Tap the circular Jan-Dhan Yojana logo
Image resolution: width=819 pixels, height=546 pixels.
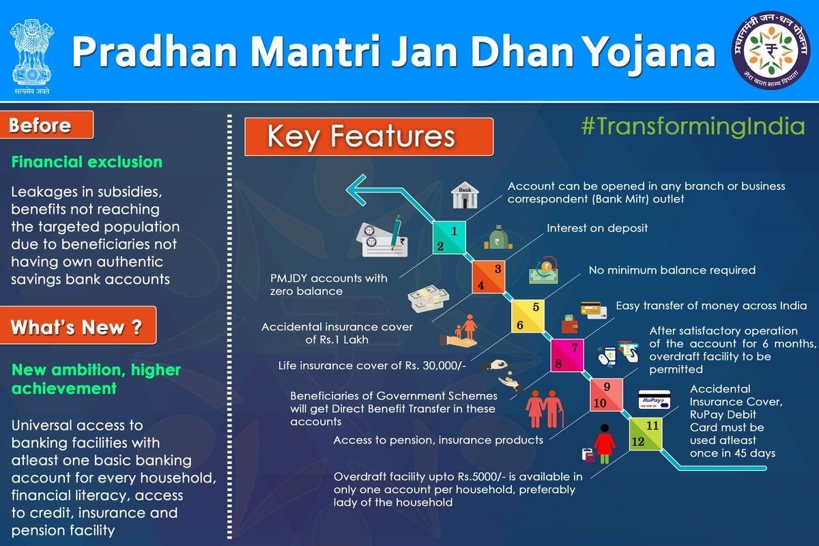click(771, 50)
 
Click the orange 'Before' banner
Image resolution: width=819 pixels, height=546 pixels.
click(46, 125)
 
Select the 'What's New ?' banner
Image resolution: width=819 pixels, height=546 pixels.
click(78, 326)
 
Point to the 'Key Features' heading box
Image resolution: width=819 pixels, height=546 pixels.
click(369, 136)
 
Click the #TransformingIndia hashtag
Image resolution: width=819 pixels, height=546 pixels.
click(693, 126)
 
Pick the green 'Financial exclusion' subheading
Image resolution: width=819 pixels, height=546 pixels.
click(87, 162)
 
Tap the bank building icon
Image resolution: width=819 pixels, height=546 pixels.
click(465, 195)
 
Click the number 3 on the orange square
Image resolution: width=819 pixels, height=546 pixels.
click(498, 269)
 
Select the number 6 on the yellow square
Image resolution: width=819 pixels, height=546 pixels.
click(519, 325)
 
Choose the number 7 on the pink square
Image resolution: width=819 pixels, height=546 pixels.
click(575, 347)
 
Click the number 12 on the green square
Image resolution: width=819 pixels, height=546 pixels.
click(638, 442)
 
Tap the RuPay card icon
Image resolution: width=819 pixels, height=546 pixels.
click(654, 399)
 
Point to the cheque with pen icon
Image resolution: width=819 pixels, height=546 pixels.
click(382, 237)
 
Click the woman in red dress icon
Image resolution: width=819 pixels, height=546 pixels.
click(605, 444)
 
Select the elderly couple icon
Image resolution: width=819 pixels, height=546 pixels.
click(545, 409)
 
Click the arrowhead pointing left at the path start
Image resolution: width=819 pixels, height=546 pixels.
click(356, 190)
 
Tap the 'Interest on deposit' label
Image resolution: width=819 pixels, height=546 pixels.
click(597, 228)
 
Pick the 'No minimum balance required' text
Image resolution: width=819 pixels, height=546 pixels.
click(672, 270)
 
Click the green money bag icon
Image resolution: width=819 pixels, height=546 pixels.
click(498, 238)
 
